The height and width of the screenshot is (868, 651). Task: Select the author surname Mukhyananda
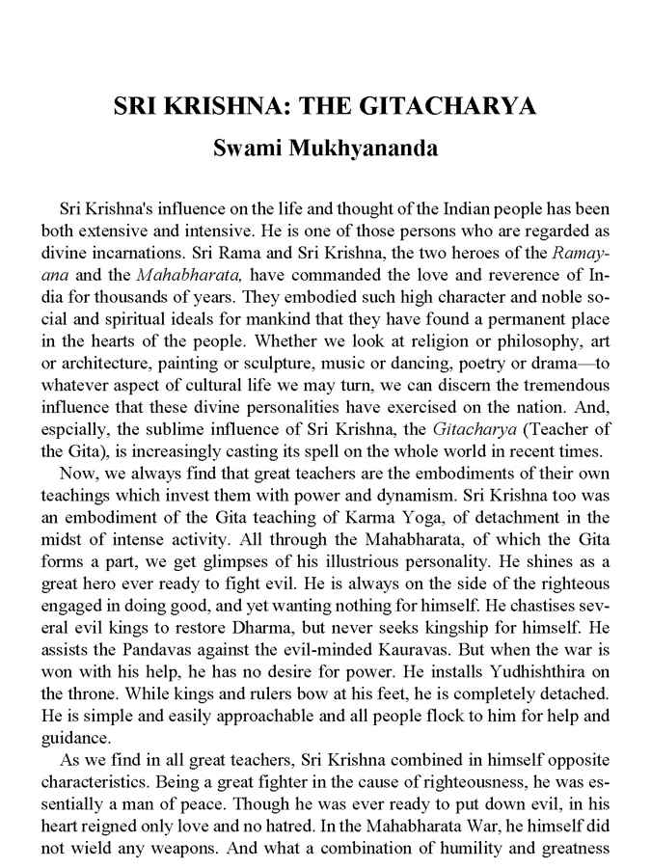tap(376, 149)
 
